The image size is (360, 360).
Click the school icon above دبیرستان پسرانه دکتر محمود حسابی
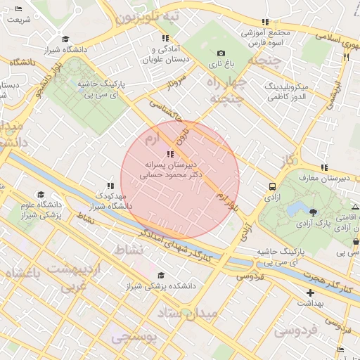[x=169, y=154]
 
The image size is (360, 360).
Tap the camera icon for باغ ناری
[x=221, y=53]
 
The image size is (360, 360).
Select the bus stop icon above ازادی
[x=271, y=186]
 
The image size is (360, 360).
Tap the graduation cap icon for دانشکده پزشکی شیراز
[x=161, y=276]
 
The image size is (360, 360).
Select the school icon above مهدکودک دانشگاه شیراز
[x=110, y=185]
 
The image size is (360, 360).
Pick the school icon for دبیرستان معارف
[x=324, y=167]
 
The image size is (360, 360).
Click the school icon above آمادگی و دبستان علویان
[x=165, y=38]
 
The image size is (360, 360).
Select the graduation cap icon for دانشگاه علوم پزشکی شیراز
[x=41, y=194]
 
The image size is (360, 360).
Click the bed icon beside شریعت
[x=18, y=8]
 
